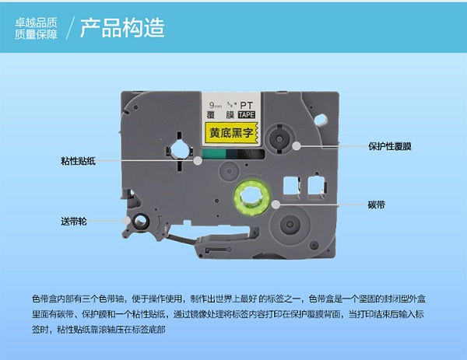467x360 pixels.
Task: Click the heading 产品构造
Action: click(x=122, y=28)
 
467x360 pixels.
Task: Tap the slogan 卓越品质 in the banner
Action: click(x=36, y=23)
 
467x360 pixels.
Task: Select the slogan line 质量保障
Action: click(x=36, y=34)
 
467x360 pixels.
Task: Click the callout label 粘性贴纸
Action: click(x=78, y=161)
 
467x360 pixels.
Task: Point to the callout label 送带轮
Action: click(x=74, y=221)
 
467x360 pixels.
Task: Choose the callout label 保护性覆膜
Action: click(x=390, y=146)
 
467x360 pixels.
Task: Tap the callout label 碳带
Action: click(x=377, y=204)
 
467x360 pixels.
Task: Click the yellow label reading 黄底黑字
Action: click(x=231, y=133)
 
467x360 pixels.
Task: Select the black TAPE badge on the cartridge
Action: click(x=247, y=114)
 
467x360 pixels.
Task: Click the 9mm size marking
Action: click(x=216, y=105)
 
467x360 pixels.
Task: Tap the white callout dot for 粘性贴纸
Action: click(x=198, y=161)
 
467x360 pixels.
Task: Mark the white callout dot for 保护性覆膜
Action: click(x=296, y=146)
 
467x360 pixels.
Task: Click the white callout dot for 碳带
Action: click(x=276, y=204)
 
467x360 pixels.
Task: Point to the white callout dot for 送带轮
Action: click(x=127, y=221)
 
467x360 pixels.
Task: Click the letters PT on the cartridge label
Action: click(x=247, y=105)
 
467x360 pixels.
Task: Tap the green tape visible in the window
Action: click(x=215, y=154)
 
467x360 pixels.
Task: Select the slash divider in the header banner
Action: click(x=70, y=28)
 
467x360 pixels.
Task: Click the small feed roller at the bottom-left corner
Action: click(x=141, y=222)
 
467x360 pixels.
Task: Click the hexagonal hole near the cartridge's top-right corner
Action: click(x=321, y=120)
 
